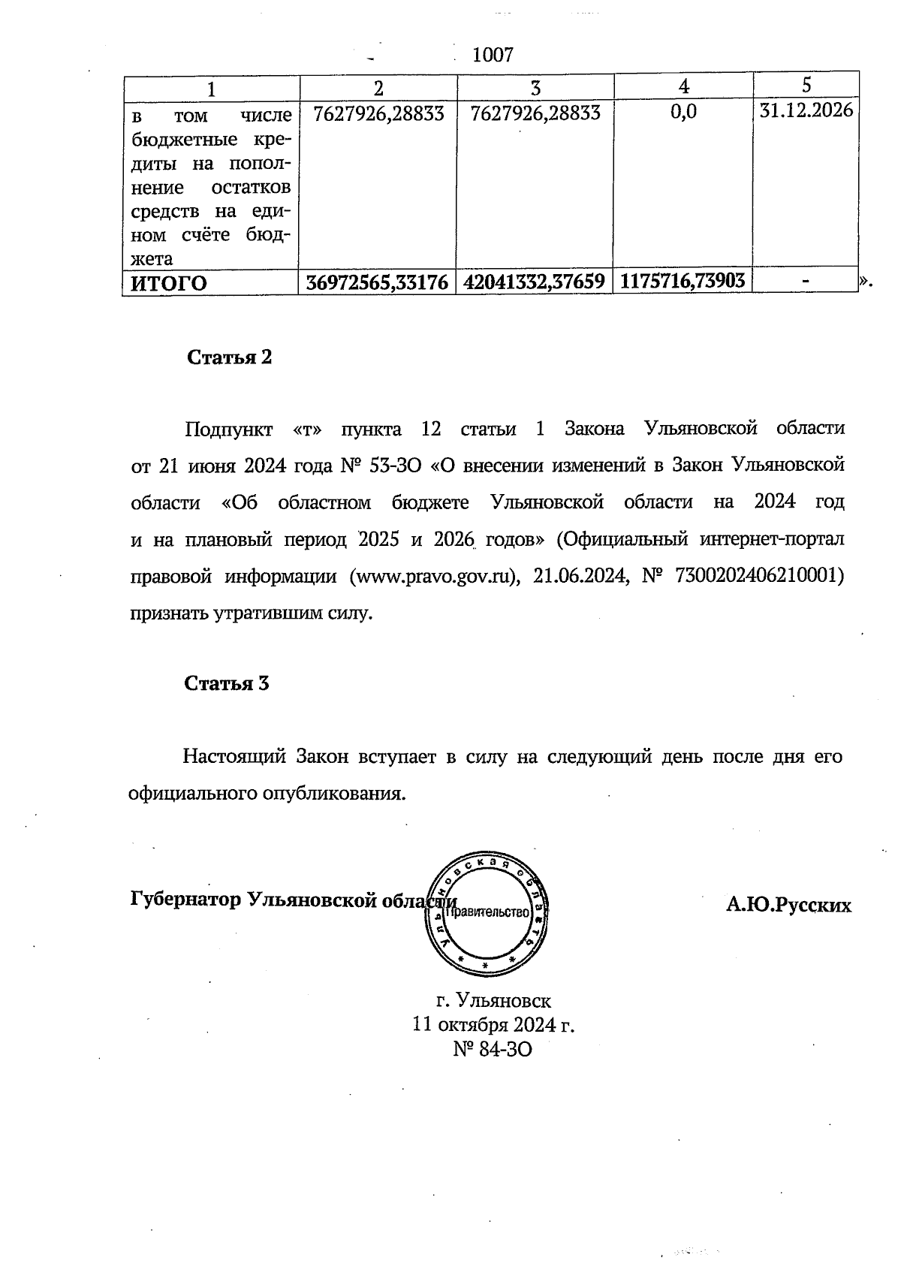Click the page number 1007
[x=493, y=55]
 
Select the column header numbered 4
[x=683, y=87]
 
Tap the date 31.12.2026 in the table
[x=806, y=111]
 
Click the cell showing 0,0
[x=683, y=112]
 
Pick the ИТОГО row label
[x=169, y=284]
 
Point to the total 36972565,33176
[x=378, y=282]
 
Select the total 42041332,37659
[x=535, y=282]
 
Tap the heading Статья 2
[x=229, y=357]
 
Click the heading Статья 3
[x=227, y=684]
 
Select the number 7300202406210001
[x=760, y=576]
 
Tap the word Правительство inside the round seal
[x=488, y=912]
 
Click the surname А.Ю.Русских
[x=788, y=906]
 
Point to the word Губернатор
[x=185, y=900]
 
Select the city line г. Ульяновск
[x=493, y=1001]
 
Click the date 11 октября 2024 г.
[x=493, y=1025]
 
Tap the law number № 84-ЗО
[x=493, y=1049]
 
